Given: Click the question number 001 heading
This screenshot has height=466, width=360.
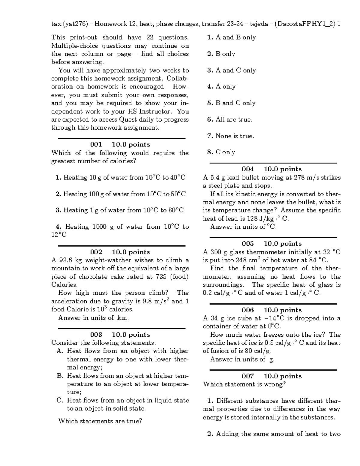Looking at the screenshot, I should click(96, 145).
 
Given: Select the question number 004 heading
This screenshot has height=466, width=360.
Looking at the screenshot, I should click(248, 169).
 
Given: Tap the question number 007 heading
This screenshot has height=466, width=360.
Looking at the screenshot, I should click(248, 376).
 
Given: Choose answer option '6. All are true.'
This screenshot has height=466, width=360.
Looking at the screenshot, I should click(229, 119).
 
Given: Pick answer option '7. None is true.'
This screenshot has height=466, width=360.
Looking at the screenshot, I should click(230, 136).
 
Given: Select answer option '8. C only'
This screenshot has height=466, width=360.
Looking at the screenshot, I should click(221, 152).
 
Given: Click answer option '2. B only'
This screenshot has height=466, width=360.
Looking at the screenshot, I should click(221, 54).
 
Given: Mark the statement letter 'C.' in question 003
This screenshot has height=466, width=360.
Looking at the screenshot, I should click(60, 400).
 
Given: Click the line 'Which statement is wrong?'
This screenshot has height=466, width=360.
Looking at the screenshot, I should click(244, 384).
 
